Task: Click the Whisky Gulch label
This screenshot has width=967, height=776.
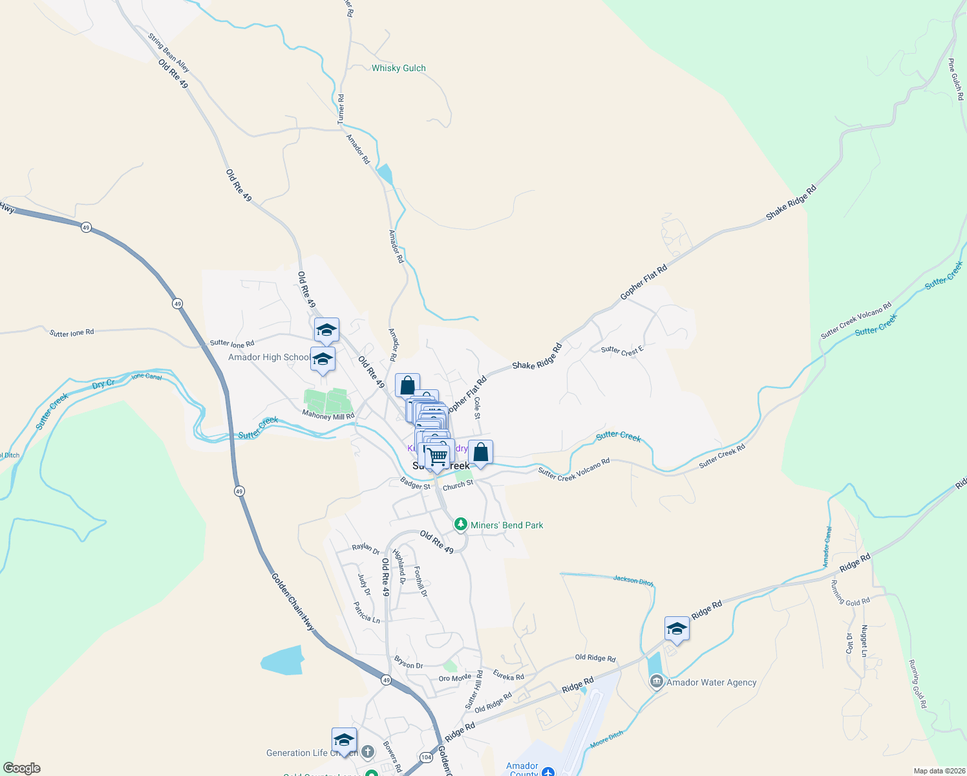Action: [398, 68]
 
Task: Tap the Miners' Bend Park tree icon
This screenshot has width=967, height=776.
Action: [460, 524]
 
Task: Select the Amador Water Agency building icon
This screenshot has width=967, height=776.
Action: [657, 682]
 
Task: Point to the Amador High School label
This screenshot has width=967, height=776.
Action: [268, 357]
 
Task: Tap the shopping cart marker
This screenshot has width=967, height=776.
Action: [438, 457]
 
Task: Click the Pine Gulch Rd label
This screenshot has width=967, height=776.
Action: [955, 80]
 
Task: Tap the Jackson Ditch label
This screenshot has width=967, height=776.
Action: [633, 581]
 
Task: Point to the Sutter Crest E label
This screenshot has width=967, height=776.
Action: [622, 350]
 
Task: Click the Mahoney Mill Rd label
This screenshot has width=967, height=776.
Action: [328, 416]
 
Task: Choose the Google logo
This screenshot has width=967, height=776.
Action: [22, 768]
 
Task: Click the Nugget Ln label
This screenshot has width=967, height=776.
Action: [864, 641]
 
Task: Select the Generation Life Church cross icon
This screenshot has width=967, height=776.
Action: [368, 751]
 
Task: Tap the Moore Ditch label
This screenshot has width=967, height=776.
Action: [607, 740]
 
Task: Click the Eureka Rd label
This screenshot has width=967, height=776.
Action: [508, 676]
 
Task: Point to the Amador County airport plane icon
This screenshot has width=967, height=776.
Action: [548, 771]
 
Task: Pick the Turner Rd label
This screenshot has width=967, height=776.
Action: [341, 109]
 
